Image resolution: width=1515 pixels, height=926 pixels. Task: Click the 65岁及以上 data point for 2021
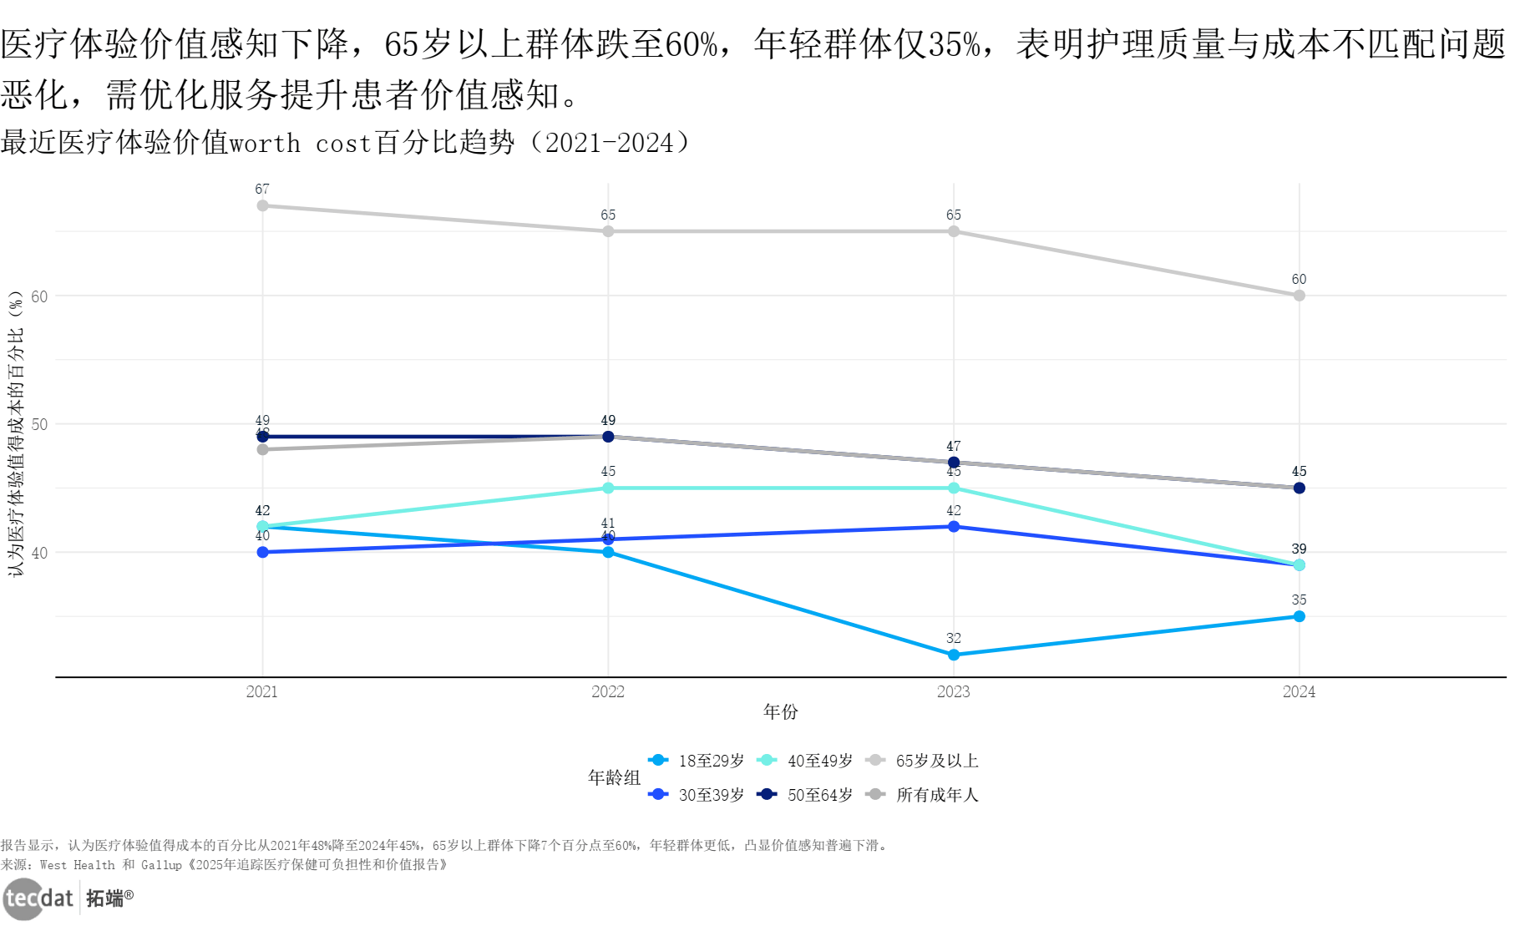[262, 205]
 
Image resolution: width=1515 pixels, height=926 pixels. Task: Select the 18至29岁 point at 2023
[954, 655]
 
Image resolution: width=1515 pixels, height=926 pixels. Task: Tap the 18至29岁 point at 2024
[1299, 616]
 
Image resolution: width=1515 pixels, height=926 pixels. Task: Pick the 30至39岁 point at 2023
[954, 527]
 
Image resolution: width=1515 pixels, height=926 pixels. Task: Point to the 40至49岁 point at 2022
[608, 488]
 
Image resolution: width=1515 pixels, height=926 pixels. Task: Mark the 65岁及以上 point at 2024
[1299, 296]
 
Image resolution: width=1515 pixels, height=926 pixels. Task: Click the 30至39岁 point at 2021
[262, 552]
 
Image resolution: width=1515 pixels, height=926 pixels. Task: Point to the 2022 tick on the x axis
[608, 691]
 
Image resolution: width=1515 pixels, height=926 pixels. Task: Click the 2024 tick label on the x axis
[1299, 691]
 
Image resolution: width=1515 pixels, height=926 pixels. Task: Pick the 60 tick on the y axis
[39, 296]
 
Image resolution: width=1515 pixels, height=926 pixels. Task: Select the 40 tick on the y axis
[39, 553]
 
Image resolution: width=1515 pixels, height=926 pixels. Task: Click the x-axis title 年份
[781, 711]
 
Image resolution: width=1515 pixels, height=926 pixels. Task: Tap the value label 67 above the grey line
[262, 190]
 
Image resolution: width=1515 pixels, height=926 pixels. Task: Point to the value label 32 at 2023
[954, 639]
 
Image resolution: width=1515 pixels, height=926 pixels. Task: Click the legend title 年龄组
[614, 777]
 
